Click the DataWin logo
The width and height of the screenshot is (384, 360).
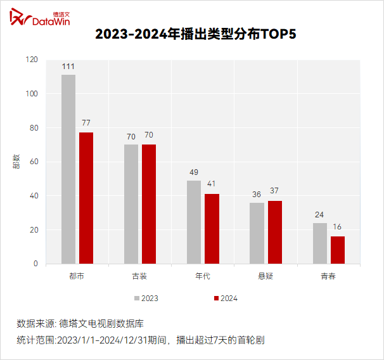click(x=39, y=18)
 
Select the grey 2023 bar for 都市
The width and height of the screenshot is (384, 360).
click(x=68, y=169)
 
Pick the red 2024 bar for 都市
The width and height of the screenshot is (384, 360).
click(x=86, y=198)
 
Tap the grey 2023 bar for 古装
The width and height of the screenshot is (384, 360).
click(x=131, y=204)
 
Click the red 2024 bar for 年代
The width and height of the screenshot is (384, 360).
click(x=212, y=229)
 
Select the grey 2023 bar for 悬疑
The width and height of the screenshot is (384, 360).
click(x=257, y=233)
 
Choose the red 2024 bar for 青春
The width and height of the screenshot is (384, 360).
click(x=338, y=250)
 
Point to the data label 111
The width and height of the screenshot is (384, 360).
click(x=68, y=67)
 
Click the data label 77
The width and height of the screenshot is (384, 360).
click(x=86, y=122)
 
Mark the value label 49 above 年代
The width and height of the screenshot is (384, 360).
click(x=194, y=172)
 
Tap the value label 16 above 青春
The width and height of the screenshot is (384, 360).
click(x=338, y=227)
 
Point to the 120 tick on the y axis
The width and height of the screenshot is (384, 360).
click(x=31, y=60)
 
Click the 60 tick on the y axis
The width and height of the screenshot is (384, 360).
click(x=33, y=162)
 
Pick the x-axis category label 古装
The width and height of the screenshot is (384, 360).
click(x=140, y=276)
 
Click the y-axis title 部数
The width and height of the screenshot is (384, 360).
click(x=16, y=162)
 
